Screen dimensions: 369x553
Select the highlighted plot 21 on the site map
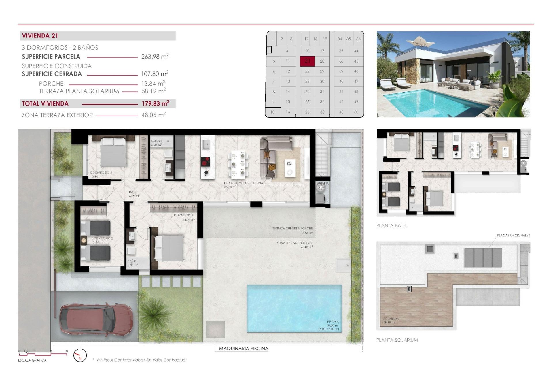tap(307, 61)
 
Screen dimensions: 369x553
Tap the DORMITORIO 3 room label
tap(101, 173)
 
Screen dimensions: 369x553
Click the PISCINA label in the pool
tap(333, 322)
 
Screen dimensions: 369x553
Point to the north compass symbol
tap(80, 355)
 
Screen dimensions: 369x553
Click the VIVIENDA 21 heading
tap(40, 36)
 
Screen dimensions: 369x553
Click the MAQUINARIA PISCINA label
tap(243, 349)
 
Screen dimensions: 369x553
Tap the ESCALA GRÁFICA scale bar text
tap(32, 360)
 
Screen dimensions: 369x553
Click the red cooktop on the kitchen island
tap(205, 162)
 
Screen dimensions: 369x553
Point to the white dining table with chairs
tap(238, 164)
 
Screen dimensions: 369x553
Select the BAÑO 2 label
tap(156, 142)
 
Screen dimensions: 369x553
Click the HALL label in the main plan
tap(132, 192)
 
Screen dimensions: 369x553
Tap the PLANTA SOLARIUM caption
tap(397, 340)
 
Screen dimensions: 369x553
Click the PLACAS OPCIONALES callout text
tap(513, 236)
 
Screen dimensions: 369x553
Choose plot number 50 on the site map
tap(356, 112)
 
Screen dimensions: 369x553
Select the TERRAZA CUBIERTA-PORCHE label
tap(292, 229)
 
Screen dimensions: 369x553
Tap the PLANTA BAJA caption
tap(391, 226)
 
